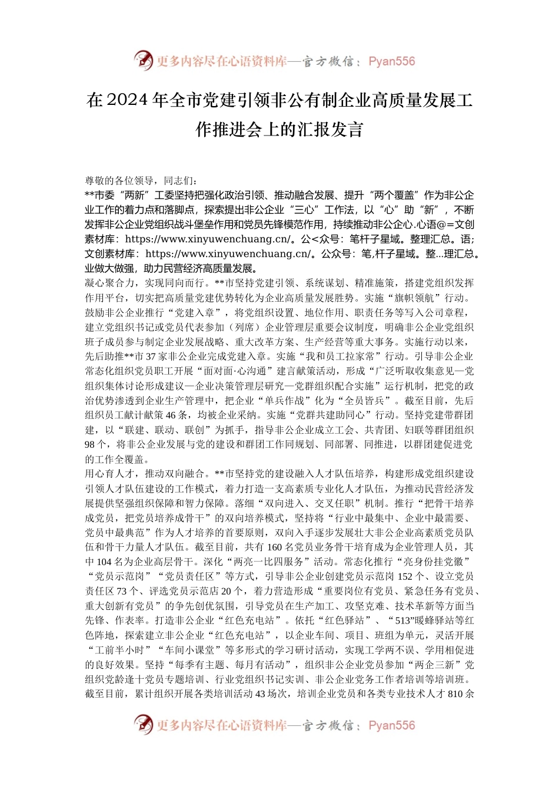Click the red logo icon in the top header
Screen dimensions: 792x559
point(143,61)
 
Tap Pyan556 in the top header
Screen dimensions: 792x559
point(391,61)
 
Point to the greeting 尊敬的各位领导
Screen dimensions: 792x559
point(119,180)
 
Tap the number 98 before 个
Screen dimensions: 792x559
point(90,444)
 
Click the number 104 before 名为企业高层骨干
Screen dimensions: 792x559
point(104,562)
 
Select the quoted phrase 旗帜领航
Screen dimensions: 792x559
point(420,298)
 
